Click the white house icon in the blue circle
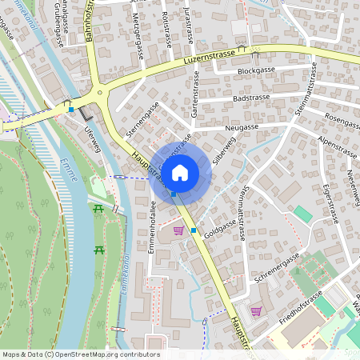click(180, 171)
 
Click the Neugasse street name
click(242, 126)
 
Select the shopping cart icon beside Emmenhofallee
click(178, 230)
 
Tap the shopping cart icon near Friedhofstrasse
click(256, 311)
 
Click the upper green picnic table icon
click(98, 209)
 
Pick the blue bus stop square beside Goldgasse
click(194, 230)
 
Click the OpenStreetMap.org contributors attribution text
click(106, 354)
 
